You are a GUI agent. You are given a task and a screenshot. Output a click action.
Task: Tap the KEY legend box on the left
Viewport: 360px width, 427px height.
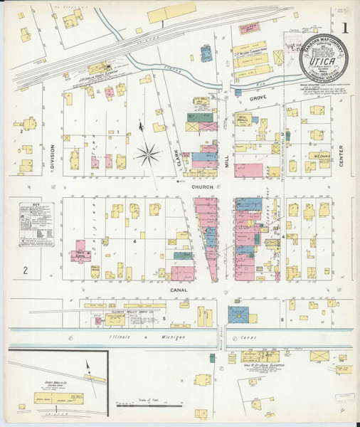tap(38, 224)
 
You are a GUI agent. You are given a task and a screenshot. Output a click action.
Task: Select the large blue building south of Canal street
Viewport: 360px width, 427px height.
tap(240, 315)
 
